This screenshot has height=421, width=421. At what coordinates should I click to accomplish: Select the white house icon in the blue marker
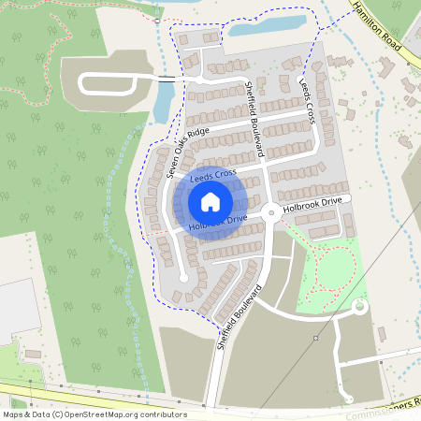[210, 202]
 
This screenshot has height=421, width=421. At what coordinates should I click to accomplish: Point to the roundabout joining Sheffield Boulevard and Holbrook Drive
[271, 212]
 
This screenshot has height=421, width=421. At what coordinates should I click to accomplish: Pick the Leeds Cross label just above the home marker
[211, 175]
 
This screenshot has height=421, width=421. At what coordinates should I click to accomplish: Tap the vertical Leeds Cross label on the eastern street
[307, 100]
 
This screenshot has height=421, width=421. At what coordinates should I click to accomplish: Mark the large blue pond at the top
[268, 26]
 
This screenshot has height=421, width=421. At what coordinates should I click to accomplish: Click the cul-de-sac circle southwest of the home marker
[183, 278]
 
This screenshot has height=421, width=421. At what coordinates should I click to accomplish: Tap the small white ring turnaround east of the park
[359, 307]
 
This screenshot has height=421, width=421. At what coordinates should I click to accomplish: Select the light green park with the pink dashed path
[327, 267]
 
